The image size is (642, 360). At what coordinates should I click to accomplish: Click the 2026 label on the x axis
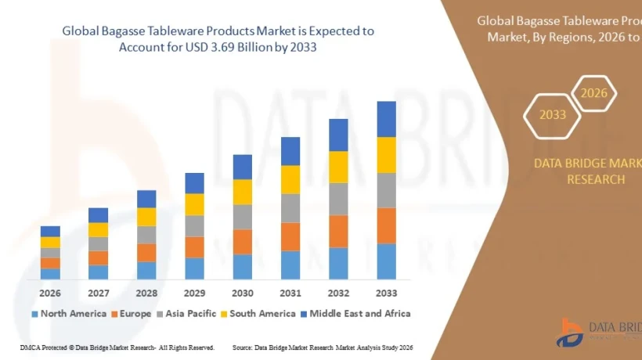(x=50, y=293)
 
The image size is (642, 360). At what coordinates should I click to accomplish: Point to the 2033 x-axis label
(x=386, y=293)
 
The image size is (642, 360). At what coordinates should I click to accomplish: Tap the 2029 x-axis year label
(x=194, y=293)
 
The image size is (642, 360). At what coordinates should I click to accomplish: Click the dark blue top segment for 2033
(x=386, y=119)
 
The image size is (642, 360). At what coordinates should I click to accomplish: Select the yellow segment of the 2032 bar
(x=338, y=167)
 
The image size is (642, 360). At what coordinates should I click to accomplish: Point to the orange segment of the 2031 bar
(x=290, y=236)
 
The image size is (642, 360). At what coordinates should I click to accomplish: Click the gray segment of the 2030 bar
(x=243, y=217)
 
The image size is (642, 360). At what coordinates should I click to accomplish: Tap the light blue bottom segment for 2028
(x=146, y=270)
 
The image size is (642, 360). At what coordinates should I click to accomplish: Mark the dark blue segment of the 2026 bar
(x=50, y=231)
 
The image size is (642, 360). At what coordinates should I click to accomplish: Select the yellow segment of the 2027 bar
(x=98, y=229)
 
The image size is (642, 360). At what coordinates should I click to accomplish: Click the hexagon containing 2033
(x=553, y=115)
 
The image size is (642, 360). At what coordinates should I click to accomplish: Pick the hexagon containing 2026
(x=593, y=94)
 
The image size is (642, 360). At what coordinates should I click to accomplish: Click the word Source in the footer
(x=242, y=347)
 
